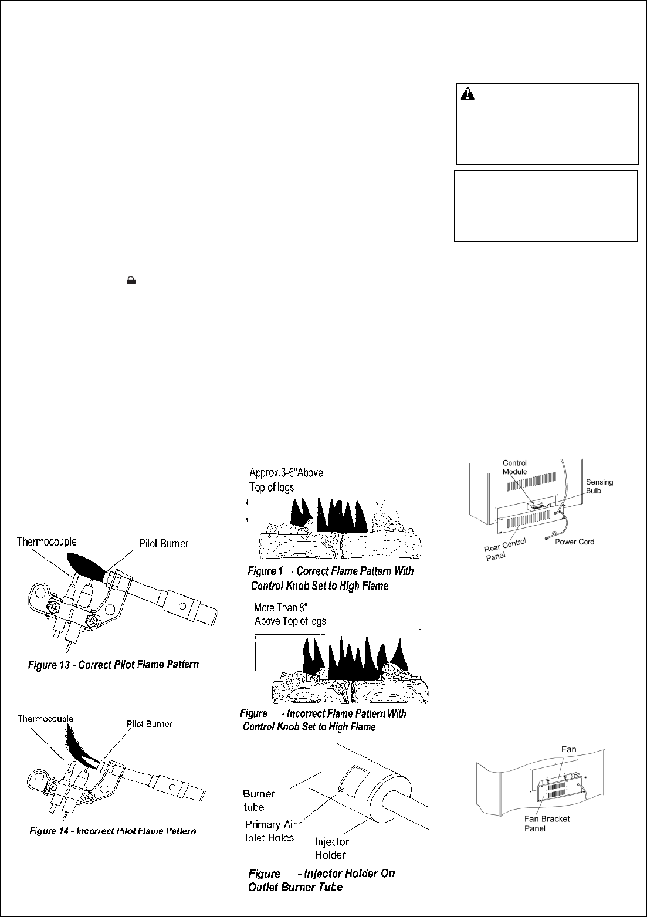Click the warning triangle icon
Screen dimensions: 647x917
(468, 94)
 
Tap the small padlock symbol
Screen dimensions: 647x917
(131, 280)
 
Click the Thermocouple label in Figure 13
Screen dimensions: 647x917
(47, 542)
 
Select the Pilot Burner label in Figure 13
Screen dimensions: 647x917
(164, 543)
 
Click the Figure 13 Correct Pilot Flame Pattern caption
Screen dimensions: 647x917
(113, 664)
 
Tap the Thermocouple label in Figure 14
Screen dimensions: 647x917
(46, 719)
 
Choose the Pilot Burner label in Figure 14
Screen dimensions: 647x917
(149, 724)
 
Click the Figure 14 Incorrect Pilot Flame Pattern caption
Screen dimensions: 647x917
(113, 831)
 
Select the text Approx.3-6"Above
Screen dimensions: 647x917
(286, 473)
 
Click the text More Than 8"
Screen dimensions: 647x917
(280, 607)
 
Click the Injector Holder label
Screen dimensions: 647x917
(331, 848)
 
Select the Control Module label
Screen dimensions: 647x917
(514, 467)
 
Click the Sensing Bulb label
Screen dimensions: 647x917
(599, 486)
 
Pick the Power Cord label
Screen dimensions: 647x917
(575, 542)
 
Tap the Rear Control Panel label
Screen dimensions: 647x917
(504, 549)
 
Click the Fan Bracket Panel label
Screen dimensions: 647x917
(547, 823)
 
